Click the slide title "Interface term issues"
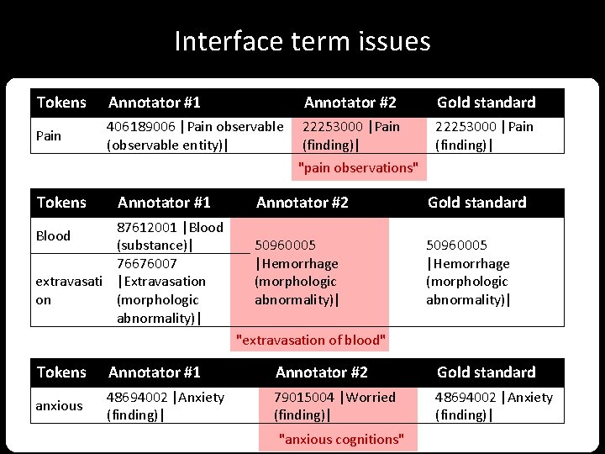coord(302,41)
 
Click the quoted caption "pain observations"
coord(358,168)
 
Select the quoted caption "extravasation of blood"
coord(312,340)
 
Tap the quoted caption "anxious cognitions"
coord(341,439)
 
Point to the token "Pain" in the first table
coord(49,135)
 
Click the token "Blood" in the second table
coord(53,235)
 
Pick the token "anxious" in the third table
coord(59,405)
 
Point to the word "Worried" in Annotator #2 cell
coord(371,397)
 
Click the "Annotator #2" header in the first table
coord(350,103)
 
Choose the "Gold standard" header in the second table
coord(476,203)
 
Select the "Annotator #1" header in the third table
coord(154,372)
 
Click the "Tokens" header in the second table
coord(61,203)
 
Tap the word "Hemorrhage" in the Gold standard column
coord(471,263)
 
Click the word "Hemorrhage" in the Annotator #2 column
coord(299,263)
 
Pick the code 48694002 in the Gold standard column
coord(466,397)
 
